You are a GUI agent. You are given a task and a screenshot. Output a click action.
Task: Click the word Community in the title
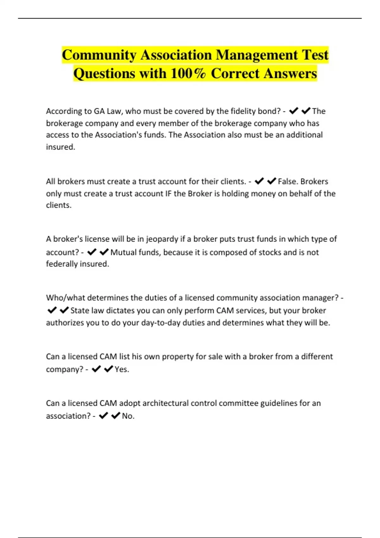pos(99,55)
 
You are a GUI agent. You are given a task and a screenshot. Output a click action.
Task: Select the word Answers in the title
pos(290,73)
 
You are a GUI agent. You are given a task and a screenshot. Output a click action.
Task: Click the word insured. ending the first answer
pos(60,147)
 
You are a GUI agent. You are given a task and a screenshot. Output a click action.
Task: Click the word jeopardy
pos(162,239)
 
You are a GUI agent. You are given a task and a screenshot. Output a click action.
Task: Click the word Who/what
pos(65,298)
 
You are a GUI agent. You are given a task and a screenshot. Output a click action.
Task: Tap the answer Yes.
pos(122,369)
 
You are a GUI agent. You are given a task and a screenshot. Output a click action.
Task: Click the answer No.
pos(128,416)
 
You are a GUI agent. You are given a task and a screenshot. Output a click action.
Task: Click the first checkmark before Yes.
pos(96,369)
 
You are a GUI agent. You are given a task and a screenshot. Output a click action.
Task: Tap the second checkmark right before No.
pos(116,416)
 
